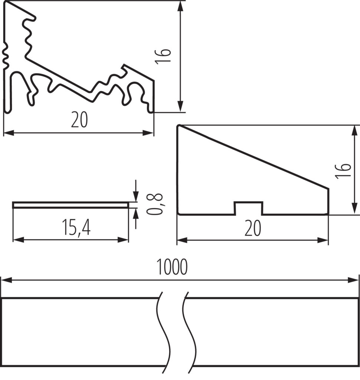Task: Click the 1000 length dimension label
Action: coord(172,266)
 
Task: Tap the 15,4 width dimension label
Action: coord(76,227)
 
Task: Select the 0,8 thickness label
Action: coord(154,204)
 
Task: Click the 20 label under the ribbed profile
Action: coord(79,120)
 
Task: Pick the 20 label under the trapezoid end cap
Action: coord(253,228)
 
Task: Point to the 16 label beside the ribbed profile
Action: coord(163,56)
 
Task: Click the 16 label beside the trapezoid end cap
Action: coord(343,171)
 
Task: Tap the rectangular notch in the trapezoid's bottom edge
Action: coord(249,208)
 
